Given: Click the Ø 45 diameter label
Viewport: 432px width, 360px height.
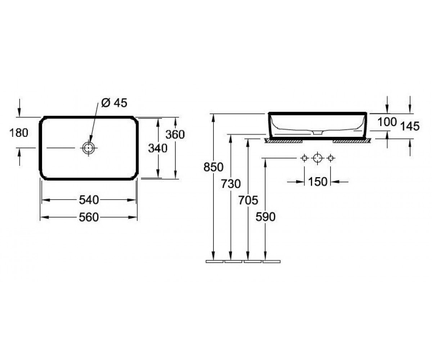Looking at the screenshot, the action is click(x=114, y=103).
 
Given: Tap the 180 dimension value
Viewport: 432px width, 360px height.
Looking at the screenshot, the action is click(x=19, y=133).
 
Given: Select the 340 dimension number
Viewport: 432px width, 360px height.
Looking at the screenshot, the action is click(x=158, y=148).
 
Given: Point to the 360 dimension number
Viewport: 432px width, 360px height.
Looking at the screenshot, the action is click(x=175, y=135).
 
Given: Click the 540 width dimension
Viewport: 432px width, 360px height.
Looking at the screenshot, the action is click(x=89, y=200).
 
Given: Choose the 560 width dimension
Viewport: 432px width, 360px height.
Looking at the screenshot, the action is click(x=89, y=217).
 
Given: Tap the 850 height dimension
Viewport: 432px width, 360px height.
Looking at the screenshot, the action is click(x=213, y=167).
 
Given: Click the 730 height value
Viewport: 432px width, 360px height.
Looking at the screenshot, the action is click(x=231, y=184).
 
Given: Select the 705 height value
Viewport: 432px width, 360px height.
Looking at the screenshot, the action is click(x=248, y=200).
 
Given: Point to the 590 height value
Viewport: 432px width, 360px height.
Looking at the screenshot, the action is click(x=266, y=217).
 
